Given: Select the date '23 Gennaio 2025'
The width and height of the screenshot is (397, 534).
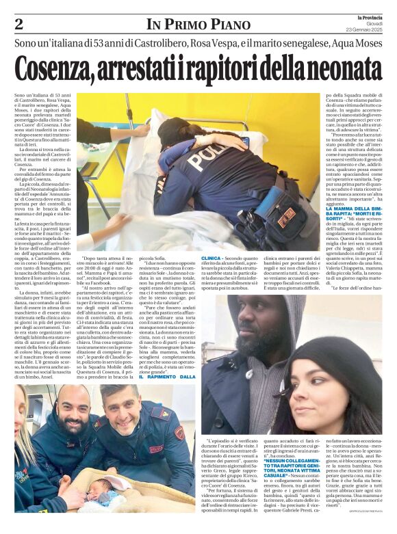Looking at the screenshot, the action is (366, 29).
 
